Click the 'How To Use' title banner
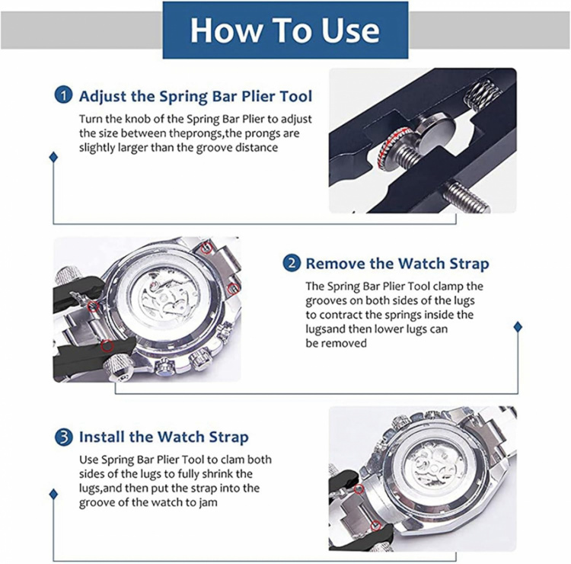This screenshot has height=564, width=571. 285,30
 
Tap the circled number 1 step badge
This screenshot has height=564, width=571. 63,96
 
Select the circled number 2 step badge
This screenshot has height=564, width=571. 292,263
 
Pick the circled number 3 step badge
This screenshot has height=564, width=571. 64,437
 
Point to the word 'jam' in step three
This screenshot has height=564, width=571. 209,503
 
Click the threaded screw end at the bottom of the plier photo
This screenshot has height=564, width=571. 467,197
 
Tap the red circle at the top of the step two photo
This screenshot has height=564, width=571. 207,248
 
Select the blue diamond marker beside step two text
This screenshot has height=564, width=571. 518,327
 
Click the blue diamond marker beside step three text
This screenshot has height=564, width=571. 53,495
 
